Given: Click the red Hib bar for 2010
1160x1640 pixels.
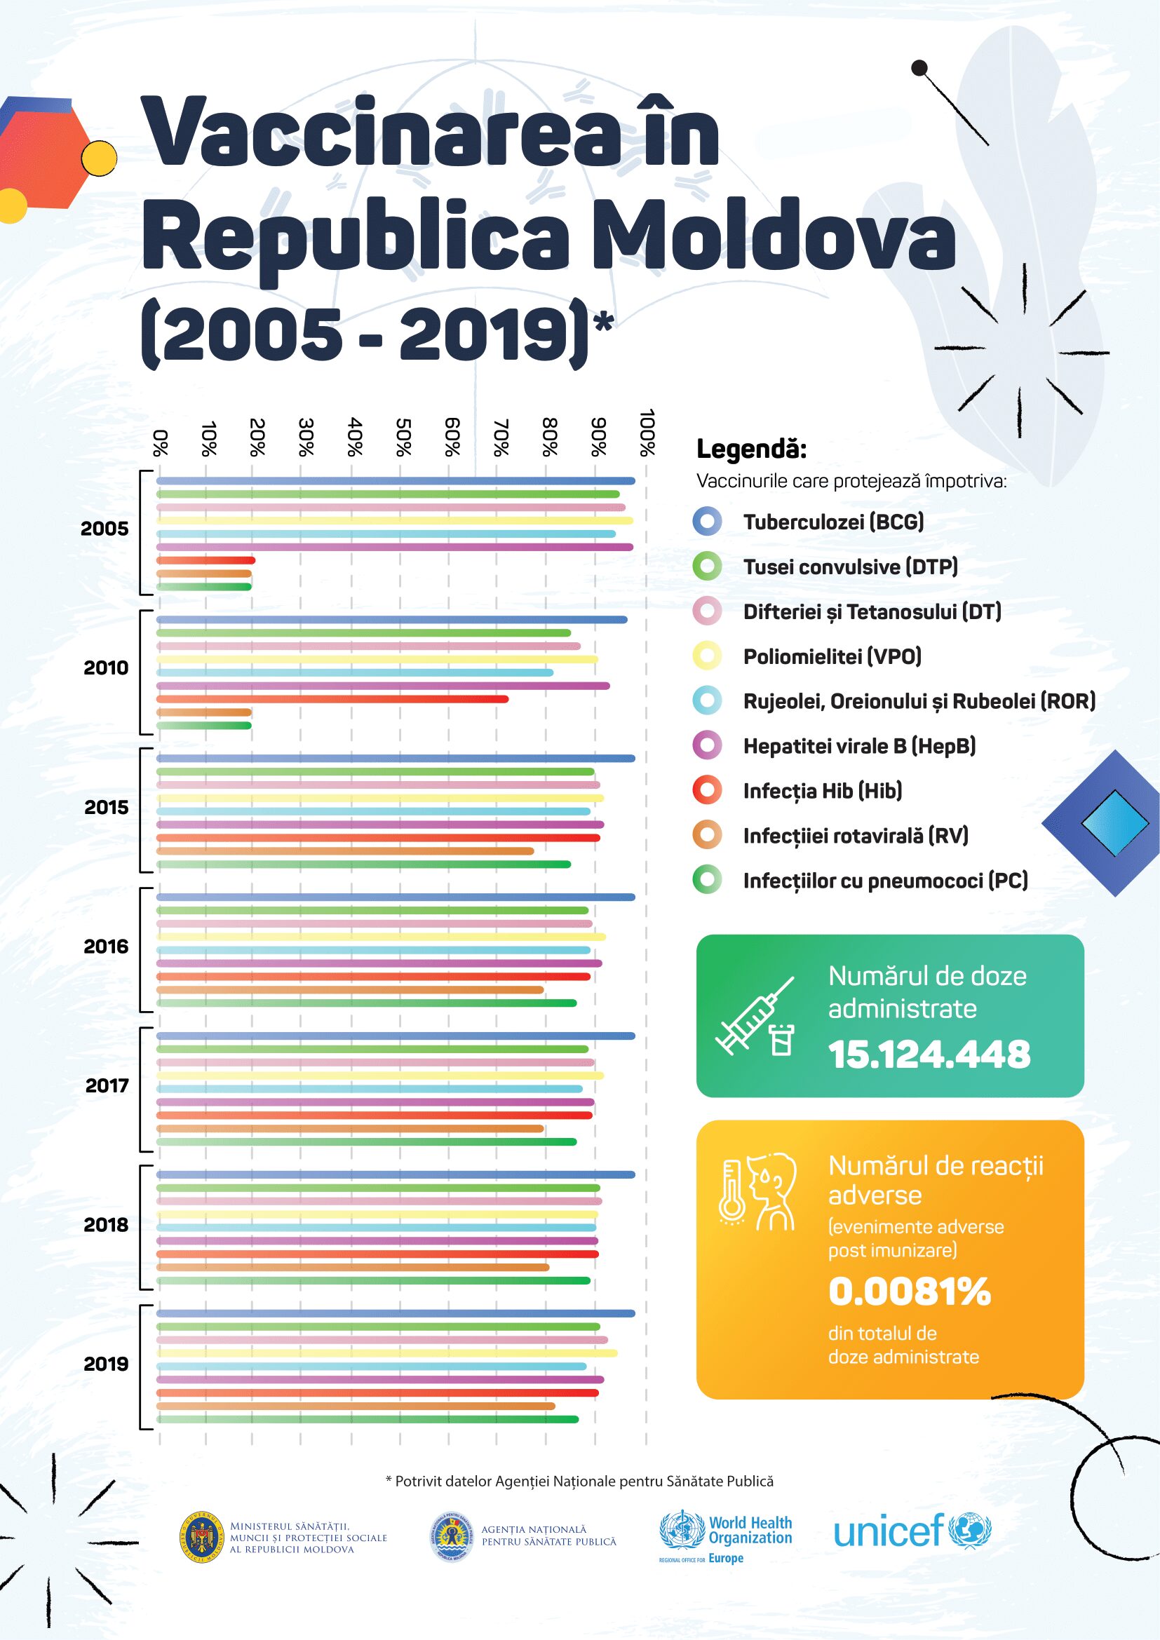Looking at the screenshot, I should pos(332,698).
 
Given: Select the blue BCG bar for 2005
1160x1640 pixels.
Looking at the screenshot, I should pos(395,481).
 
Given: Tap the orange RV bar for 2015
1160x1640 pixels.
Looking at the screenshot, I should pos(345,851).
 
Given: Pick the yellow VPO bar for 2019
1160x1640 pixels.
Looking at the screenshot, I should pos(386,1353).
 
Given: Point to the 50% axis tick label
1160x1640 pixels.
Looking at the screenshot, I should pos(403,438).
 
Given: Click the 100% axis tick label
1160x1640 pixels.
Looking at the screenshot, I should pos(647,433).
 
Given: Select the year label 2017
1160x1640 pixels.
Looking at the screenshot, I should pos(107,1085).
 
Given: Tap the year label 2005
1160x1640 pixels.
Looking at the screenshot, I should pos(104,529).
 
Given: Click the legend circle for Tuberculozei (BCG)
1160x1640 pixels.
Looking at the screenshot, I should pos(707,522).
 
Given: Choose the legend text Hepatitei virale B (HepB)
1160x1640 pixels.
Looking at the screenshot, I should pos(859,747).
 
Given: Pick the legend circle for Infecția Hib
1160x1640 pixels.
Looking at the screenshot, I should pos(707,790).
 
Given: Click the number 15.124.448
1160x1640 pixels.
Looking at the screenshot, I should pos(929,1055).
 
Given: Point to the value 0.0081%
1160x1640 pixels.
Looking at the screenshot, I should pos(910,1292).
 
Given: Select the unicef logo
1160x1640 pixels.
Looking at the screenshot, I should pos(912,1531).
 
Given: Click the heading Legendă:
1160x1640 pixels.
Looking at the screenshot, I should pos(750,449).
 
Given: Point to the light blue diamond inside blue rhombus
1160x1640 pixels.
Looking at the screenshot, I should pos(1114,823).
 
